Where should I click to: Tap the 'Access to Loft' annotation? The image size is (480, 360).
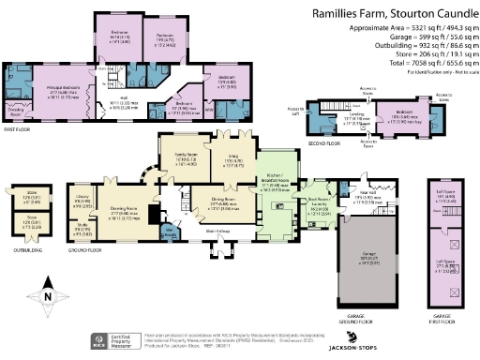pos(294,110)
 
